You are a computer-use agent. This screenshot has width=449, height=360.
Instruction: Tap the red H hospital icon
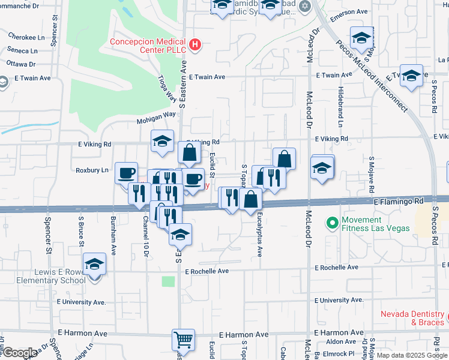click(194, 44)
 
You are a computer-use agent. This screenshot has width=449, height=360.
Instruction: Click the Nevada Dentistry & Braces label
click(414, 318)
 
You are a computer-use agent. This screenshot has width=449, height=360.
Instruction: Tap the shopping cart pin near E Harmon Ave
click(183, 340)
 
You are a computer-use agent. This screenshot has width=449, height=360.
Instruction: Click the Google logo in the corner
click(19, 353)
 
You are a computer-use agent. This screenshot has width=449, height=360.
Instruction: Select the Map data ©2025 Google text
click(411, 355)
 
